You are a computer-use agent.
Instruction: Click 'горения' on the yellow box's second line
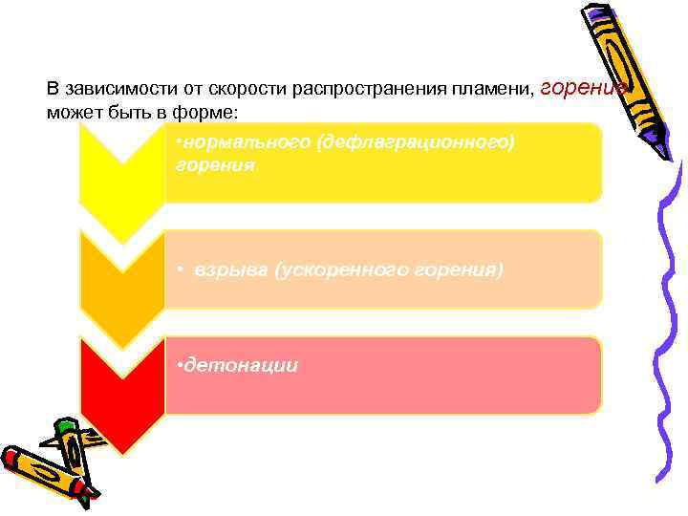(x=216, y=165)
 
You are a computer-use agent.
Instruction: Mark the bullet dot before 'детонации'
(x=181, y=365)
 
